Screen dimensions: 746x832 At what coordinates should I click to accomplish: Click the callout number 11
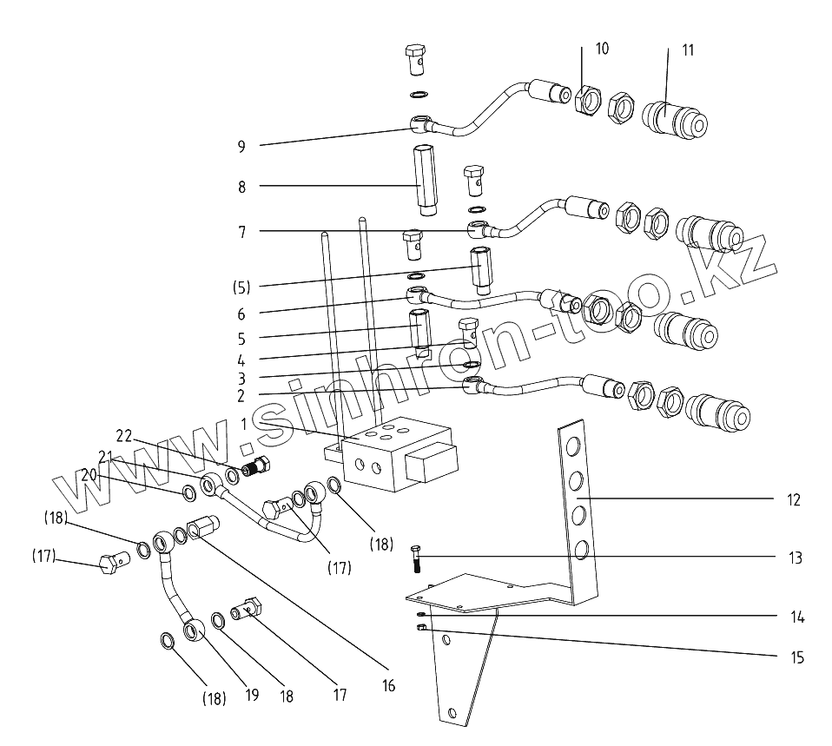[688, 50]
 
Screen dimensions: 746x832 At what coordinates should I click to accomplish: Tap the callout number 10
[602, 49]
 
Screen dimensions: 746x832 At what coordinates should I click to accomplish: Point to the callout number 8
[241, 187]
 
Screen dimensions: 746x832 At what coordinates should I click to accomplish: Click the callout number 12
[794, 500]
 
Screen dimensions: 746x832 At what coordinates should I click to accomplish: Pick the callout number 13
[794, 558]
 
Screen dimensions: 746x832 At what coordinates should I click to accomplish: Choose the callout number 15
[794, 658]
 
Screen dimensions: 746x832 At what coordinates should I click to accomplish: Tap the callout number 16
[387, 686]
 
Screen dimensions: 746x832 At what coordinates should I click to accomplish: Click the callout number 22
[124, 437]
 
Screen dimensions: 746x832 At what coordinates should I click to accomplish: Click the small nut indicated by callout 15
[421, 629]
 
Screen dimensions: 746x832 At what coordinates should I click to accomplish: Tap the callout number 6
[241, 314]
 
